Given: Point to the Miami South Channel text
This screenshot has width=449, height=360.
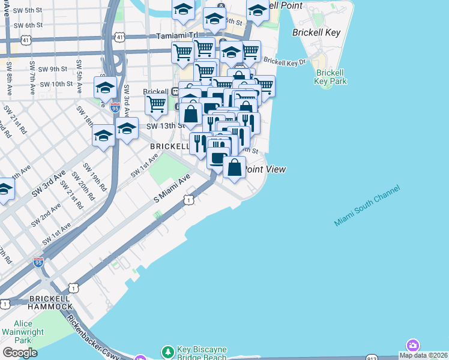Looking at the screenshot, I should click(x=367, y=206).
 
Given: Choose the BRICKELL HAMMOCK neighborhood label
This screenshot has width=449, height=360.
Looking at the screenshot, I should click(x=39, y=302).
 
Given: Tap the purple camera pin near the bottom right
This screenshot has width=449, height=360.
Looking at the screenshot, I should click(x=412, y=346).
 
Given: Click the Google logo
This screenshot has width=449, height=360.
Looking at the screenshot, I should click(x=19, y=353).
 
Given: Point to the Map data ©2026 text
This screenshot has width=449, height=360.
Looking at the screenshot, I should click(x=423, y=355).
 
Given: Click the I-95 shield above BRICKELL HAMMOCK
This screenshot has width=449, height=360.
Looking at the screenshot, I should click(x=38, y=262).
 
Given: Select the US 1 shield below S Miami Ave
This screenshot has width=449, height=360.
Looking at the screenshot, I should click(x=188, y=200).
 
